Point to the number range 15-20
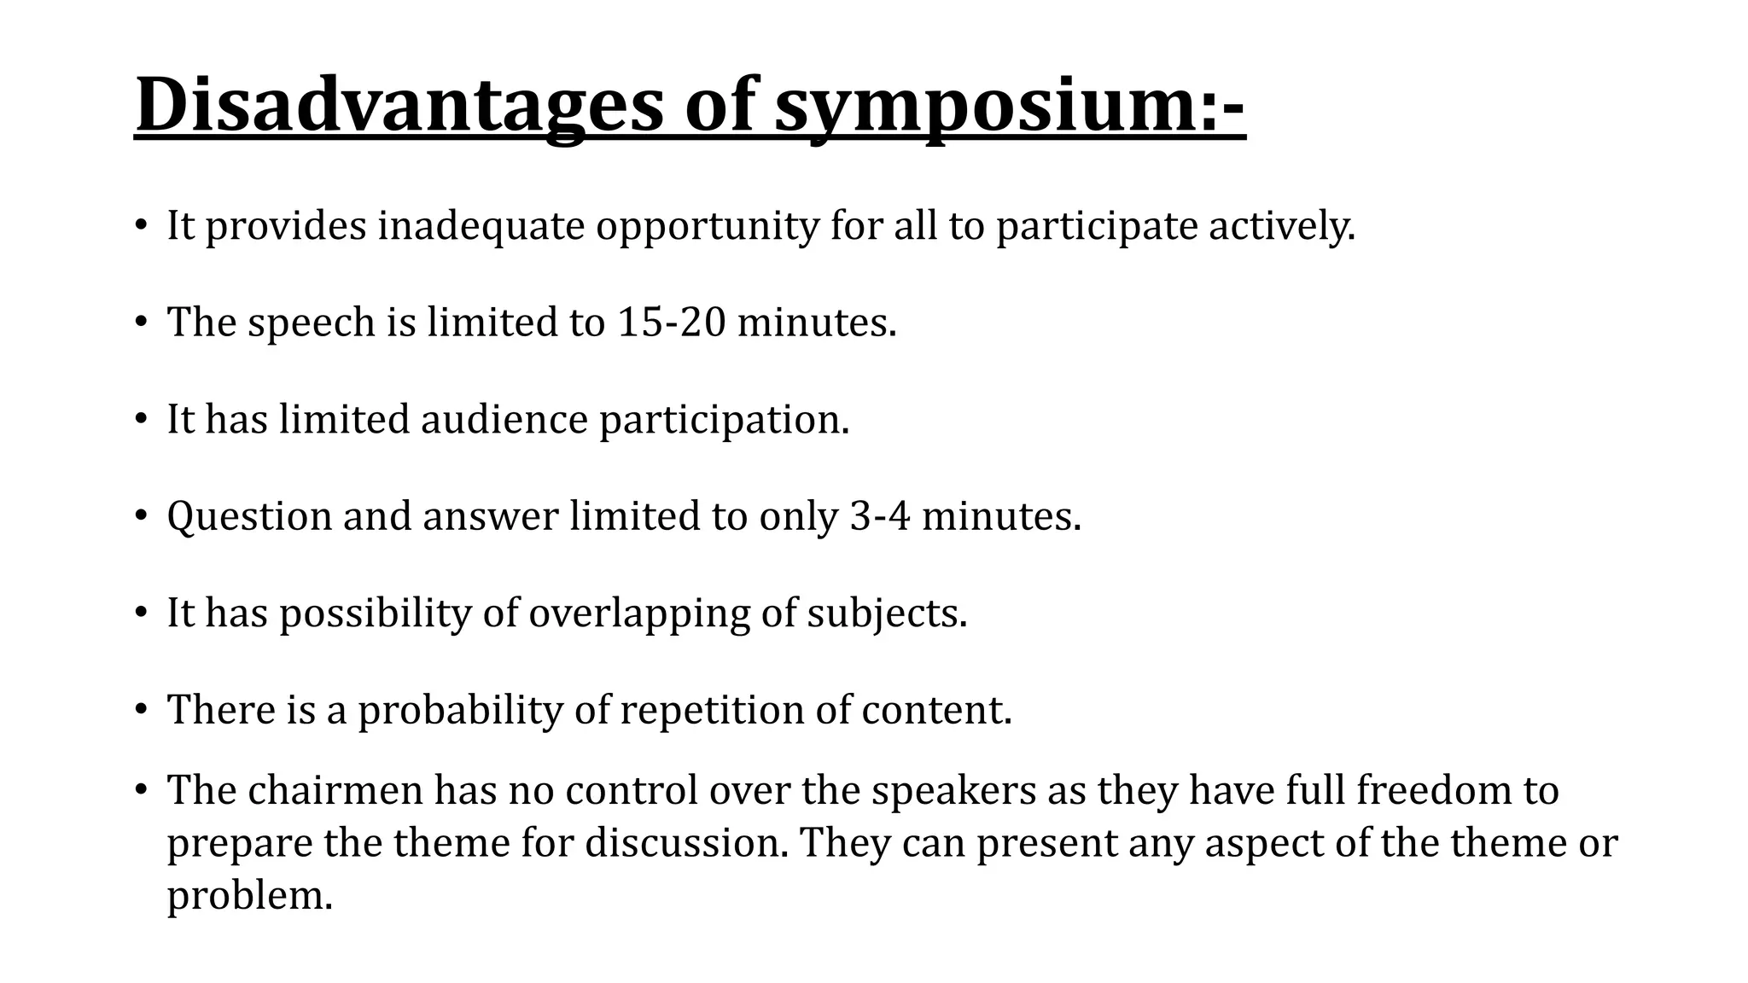671,323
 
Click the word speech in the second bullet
312,323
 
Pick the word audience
504,420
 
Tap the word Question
249,516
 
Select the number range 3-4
881,516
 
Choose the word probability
460,710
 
